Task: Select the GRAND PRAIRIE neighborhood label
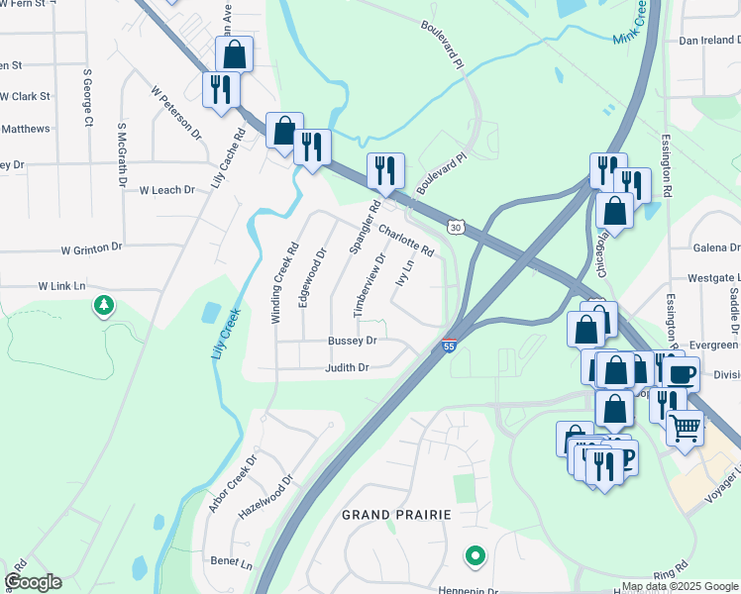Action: pyautogui.click(x=396, y=515)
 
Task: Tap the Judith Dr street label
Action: pyautogui.click(x=348, y=367)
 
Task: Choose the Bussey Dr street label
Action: pyautogui.click(x=353, y=341)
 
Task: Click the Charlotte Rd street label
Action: pyautogui.click(x=406, y=239)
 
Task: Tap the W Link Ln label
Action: pyautogui.click(x=62, y=285)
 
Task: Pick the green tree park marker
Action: pyautogui.click(x=103, y=306)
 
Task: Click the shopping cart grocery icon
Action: pyautogui.click(x=684, y=429)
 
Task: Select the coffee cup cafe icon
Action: pyautogui.click(x=681, y=373)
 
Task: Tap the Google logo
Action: pyautogui.click(x=33, y=582)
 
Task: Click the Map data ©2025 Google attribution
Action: pyautogui.click(x=679, y=586)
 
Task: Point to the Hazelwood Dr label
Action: pyautogui.click(x=266, y=496)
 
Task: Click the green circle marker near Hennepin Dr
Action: pyautogui.click(x=476, y=556)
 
